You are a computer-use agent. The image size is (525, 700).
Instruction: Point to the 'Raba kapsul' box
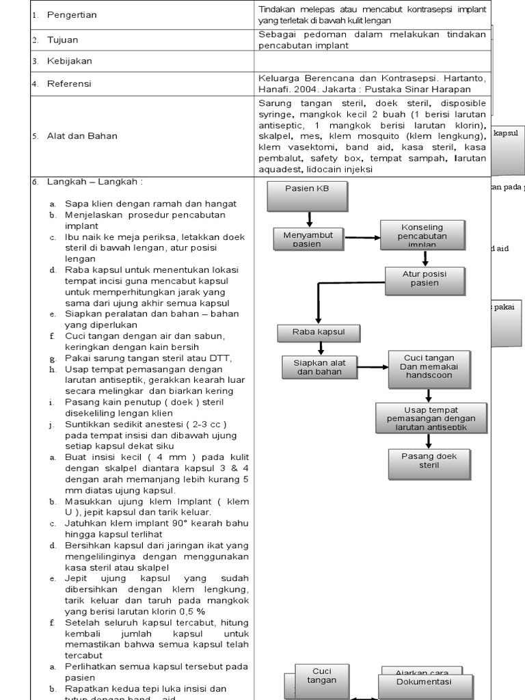click(x=317, y=332)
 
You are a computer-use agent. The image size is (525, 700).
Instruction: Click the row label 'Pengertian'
click(x=72, y=14)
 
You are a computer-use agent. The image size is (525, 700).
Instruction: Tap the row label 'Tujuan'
click(x=62, y=40)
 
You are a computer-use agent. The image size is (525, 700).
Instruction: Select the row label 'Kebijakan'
click(x=69, y=61)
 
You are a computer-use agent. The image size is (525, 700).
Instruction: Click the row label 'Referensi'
click(x=69, y=84)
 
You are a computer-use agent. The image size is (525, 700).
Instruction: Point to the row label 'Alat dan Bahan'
click(x=82, y=136)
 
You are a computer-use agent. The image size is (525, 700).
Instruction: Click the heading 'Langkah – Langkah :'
click(x=95, y=182)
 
